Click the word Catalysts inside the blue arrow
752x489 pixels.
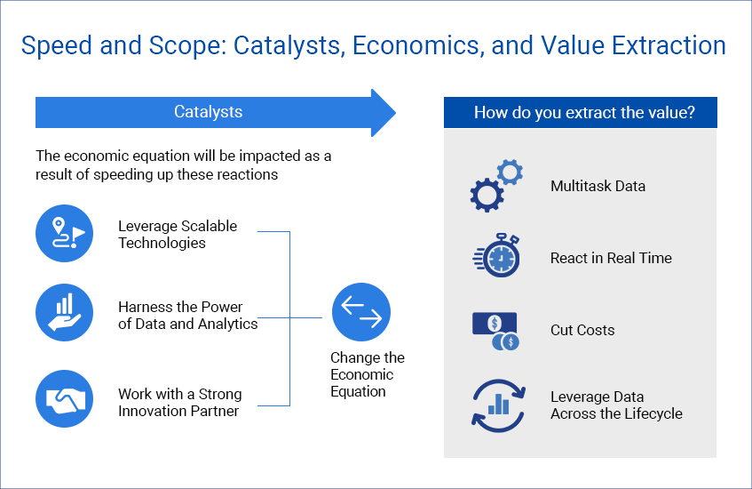(x=208, y=112)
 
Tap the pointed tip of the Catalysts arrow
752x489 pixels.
(x=396, y=113)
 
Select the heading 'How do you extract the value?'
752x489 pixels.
(x=584, y=112)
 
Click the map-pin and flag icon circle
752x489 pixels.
(x=64, y=234)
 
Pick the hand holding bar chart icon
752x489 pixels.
(x=64, y=313)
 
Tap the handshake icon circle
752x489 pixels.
(x=64, y=398)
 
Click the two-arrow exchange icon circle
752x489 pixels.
(x=361, y=312)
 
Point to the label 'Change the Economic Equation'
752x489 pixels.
(x=368, y=374)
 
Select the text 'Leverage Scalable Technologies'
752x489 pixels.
(x=178, y=235)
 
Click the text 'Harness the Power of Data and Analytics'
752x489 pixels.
(x=187, y=316)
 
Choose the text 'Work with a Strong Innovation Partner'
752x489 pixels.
(x=180, y=403)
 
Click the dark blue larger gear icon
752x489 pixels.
(x=487, y=195)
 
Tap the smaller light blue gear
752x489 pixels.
(x=510, y=172)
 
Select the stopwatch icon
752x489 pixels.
(x=496, y=255)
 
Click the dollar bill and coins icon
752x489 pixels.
(x=496, y=331)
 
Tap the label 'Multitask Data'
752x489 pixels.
(x=598, y=187)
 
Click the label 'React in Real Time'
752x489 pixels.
(x=611, y=259)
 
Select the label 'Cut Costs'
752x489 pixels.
(x=582, y=331)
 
